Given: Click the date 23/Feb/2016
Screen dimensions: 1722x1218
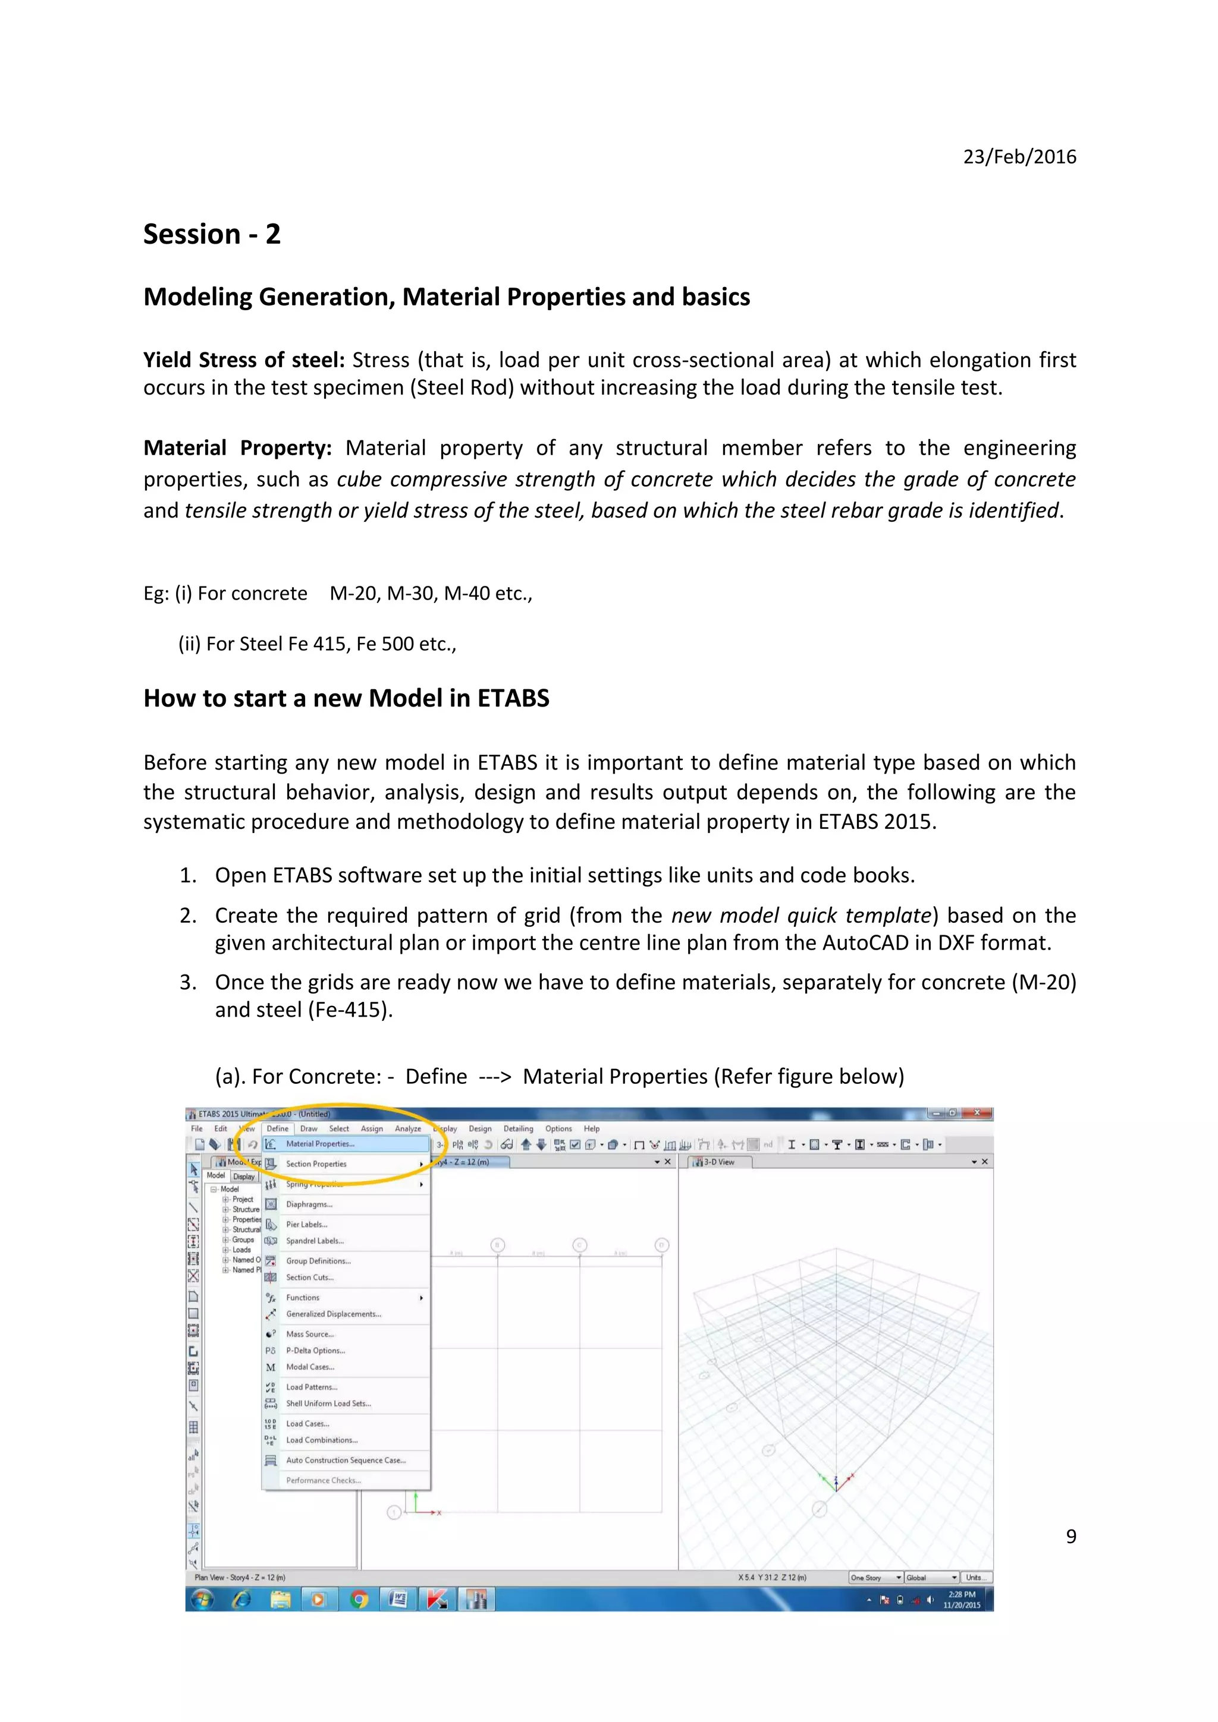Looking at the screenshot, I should [x=1019, y=157].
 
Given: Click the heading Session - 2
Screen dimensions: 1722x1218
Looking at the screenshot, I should [x=212, y=234].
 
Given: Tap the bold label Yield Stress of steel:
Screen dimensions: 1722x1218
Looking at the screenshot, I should [x=243, y=360].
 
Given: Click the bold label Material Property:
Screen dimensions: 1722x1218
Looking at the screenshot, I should [x=237, y=448].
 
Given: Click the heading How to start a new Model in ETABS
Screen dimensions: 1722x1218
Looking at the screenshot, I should [x=346, y=698].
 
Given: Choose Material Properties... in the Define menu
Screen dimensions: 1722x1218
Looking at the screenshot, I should [x=320, y=1144].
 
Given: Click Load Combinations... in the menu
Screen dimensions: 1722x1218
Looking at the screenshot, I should [x=321, y=1440].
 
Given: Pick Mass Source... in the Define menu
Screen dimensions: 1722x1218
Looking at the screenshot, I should [x=309, y=1334].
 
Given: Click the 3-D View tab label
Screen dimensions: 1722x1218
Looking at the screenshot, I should [x=718, y=1162].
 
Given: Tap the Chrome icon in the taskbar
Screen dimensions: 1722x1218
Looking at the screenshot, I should [x=359, y=1600].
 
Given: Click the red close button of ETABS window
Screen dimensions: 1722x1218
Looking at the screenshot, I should [x=977, y=1113].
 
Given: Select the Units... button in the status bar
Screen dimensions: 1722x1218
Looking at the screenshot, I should [x=975, y=1577].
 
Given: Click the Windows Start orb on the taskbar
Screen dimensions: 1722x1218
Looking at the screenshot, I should [x=202, y=1600].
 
